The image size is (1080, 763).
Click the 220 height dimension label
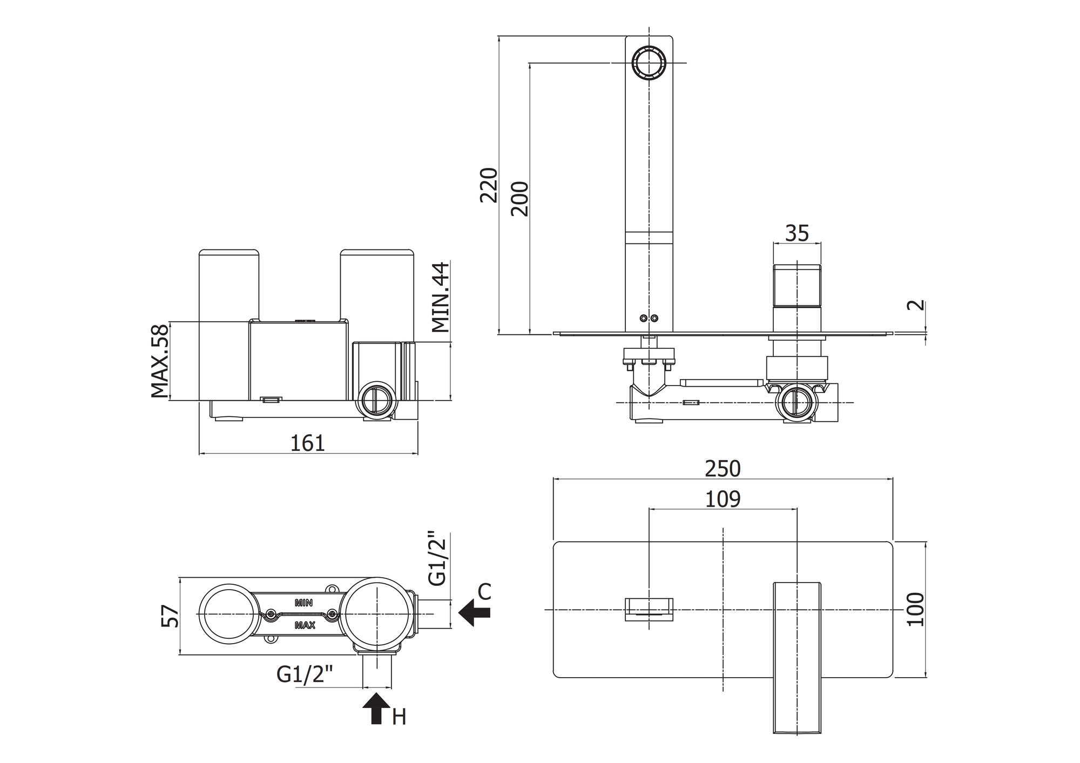tap(489, 185)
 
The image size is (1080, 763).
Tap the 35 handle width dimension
tap(796, 233)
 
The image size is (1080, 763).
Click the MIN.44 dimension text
tap(441, 298)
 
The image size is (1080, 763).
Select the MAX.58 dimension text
tap(160, 361)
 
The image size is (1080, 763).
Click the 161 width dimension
tap(308, 443)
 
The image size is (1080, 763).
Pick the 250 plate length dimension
tap(723, 469)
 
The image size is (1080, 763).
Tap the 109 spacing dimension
tap(723, 499)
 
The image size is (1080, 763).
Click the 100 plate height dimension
tap(916, 609)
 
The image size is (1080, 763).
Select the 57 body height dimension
tap(170, 616)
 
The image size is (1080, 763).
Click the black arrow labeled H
tap(376, 708)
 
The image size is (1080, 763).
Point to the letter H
tap(399, 717)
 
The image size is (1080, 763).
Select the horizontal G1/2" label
tap(305, 674)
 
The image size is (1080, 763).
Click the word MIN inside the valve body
tap(303, 603)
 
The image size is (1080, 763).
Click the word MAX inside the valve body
tap(305, 625)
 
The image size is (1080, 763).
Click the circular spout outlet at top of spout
tap(649, 63)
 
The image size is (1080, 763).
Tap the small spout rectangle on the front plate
tap(649, 609)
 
